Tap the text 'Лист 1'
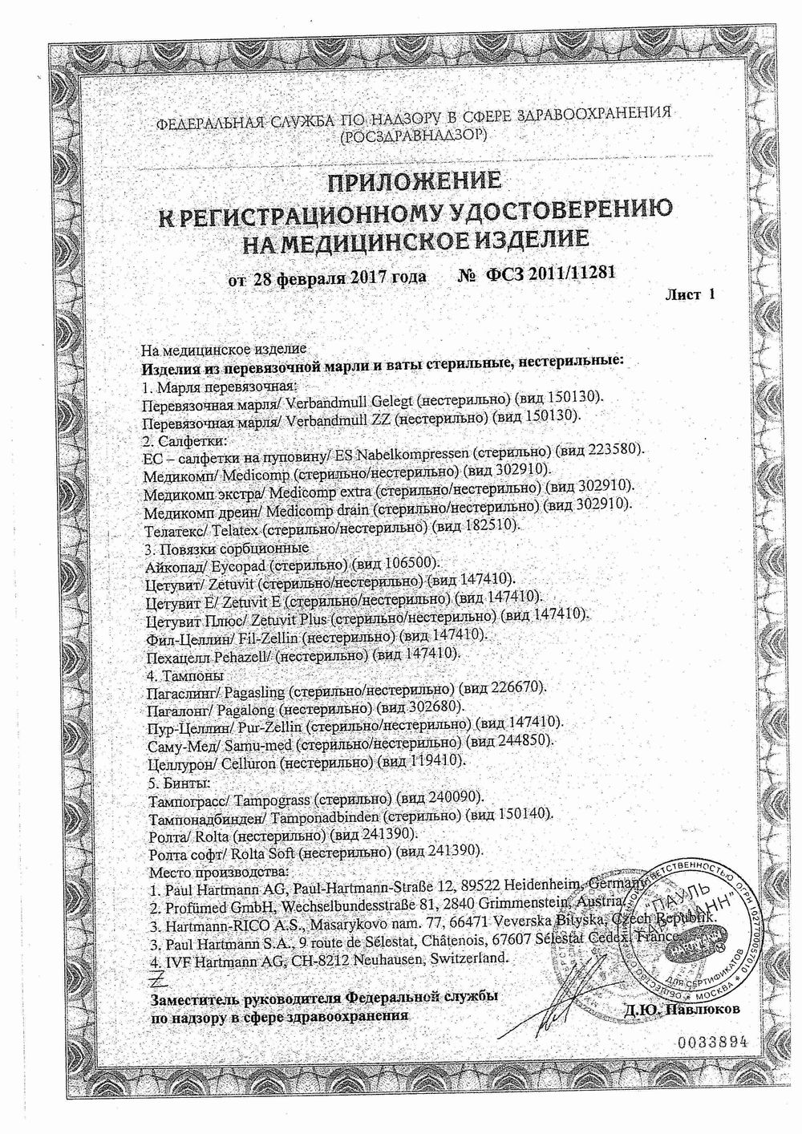[x=690, y=294]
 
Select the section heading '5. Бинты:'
[x=181, y=779]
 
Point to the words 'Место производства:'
[x=213, y=870]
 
